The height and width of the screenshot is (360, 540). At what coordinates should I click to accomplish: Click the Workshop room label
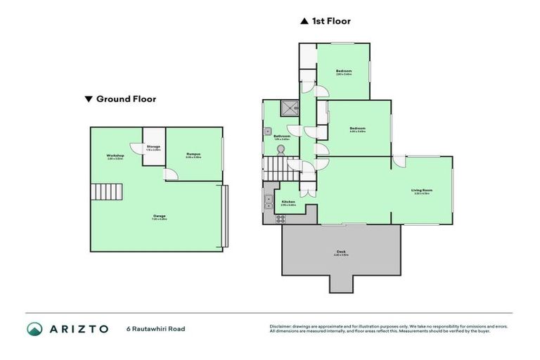tap(115, 155)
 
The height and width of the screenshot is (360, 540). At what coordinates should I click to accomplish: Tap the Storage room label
tap(153, 147)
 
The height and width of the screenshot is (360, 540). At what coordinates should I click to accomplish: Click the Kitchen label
tap(288, 202)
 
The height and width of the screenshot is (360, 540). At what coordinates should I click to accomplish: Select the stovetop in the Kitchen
tap(280, 218)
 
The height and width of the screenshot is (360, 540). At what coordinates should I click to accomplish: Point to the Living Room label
tap(422, 191)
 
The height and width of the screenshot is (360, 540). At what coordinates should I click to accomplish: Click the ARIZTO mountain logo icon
tap(35, 328)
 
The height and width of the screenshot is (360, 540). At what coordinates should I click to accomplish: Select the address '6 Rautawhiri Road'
tap(155, 328)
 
